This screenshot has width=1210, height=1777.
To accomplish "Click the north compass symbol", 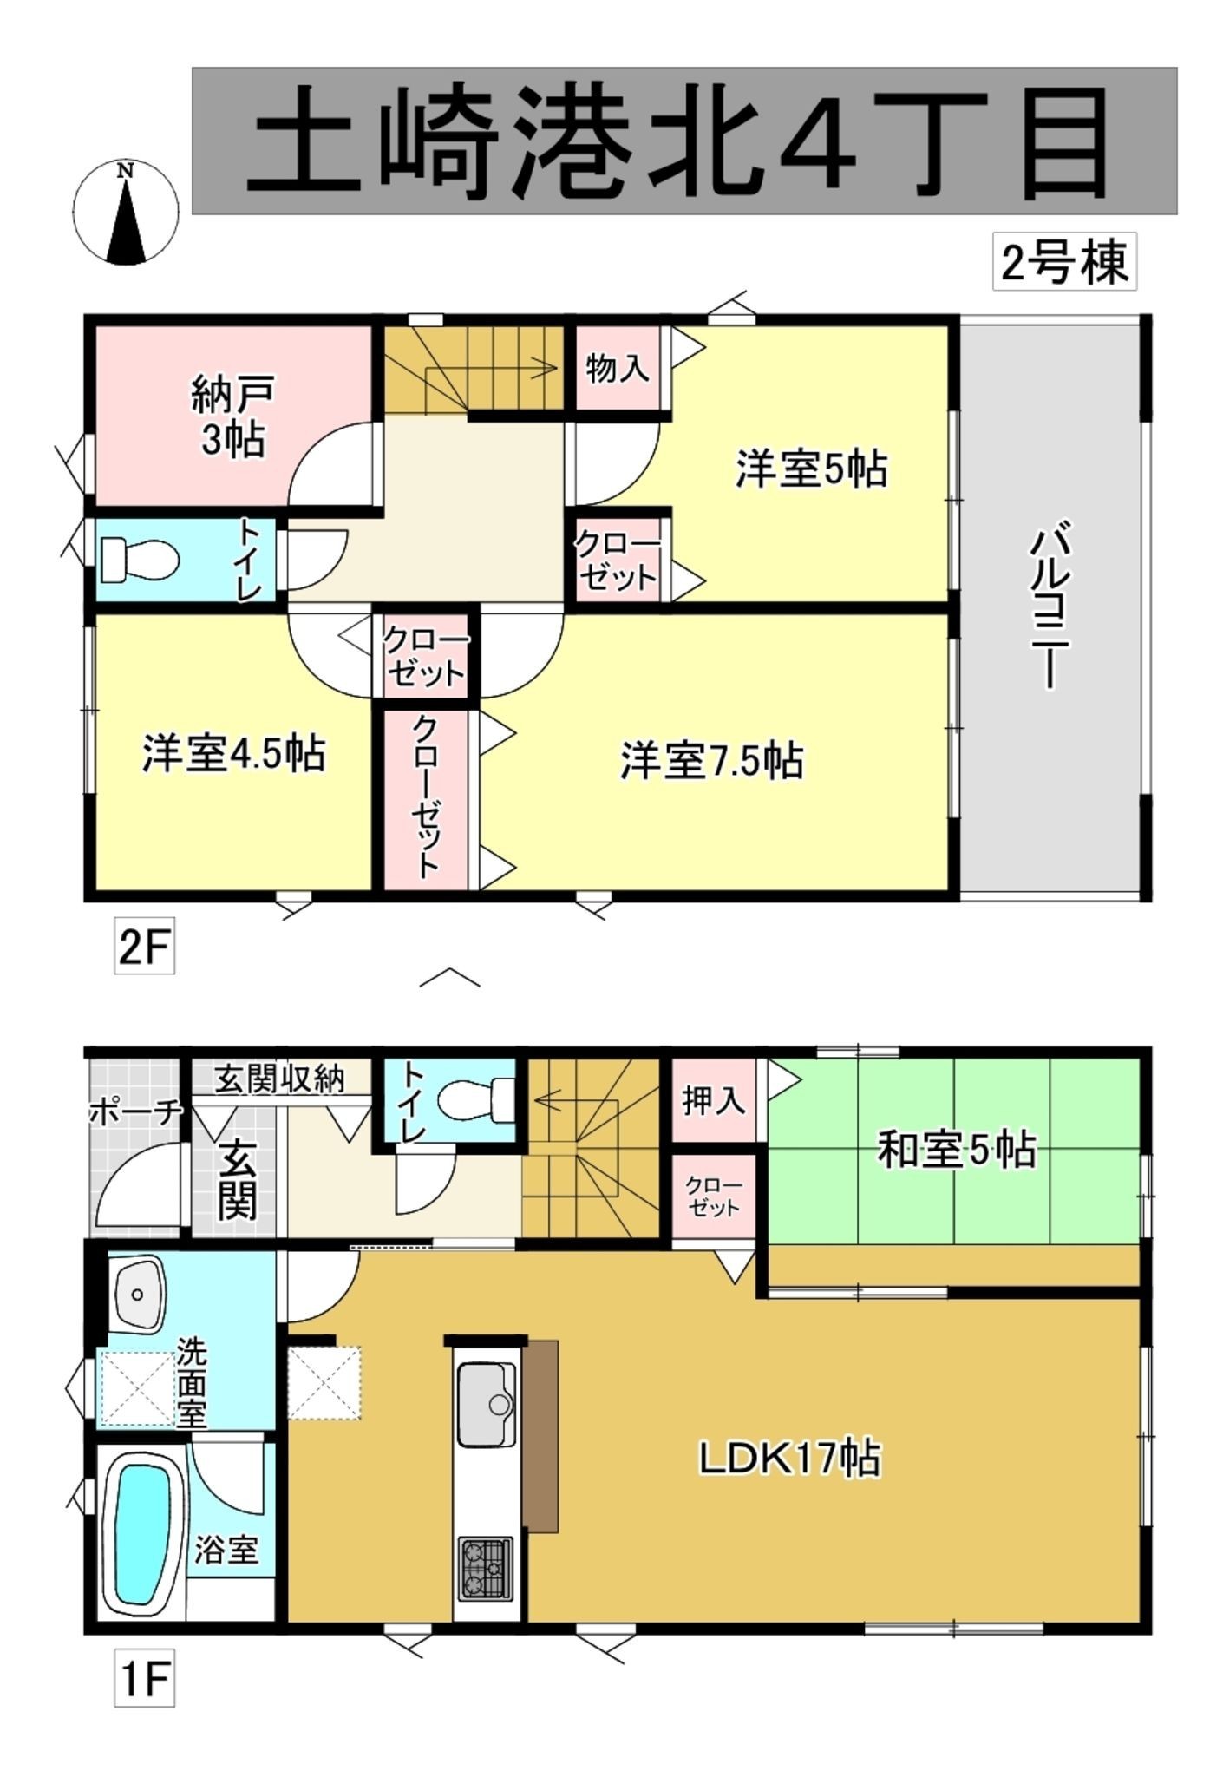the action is point(126,212).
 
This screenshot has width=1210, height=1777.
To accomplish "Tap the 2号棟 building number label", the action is point(1064,262).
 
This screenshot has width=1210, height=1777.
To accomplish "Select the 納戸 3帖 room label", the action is point(232,417).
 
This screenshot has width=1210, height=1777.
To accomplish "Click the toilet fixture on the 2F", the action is point(140,560).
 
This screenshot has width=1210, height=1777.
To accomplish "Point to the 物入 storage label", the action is point(617,368).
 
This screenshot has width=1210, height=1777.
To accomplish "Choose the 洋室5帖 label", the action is point(811,469).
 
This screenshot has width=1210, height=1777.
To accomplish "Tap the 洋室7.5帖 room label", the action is point(711,760).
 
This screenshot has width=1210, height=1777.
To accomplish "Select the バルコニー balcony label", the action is point(1050,604).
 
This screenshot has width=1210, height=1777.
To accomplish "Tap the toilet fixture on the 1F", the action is point(476,1101).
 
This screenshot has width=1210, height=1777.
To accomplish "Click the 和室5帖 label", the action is point(957,1151).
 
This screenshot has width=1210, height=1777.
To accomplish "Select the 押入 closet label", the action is point(713,1101).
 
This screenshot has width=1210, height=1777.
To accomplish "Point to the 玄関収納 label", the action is point(279,1079).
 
